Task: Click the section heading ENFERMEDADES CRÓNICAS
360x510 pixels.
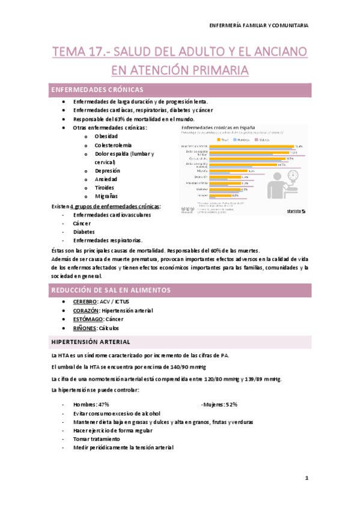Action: (x=97, y=90)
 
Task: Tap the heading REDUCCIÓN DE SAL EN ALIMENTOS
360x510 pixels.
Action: (x=111, y=290)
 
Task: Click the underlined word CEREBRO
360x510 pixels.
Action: (x=85, y=301)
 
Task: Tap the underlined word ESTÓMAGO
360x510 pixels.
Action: (x=88, y=319)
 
